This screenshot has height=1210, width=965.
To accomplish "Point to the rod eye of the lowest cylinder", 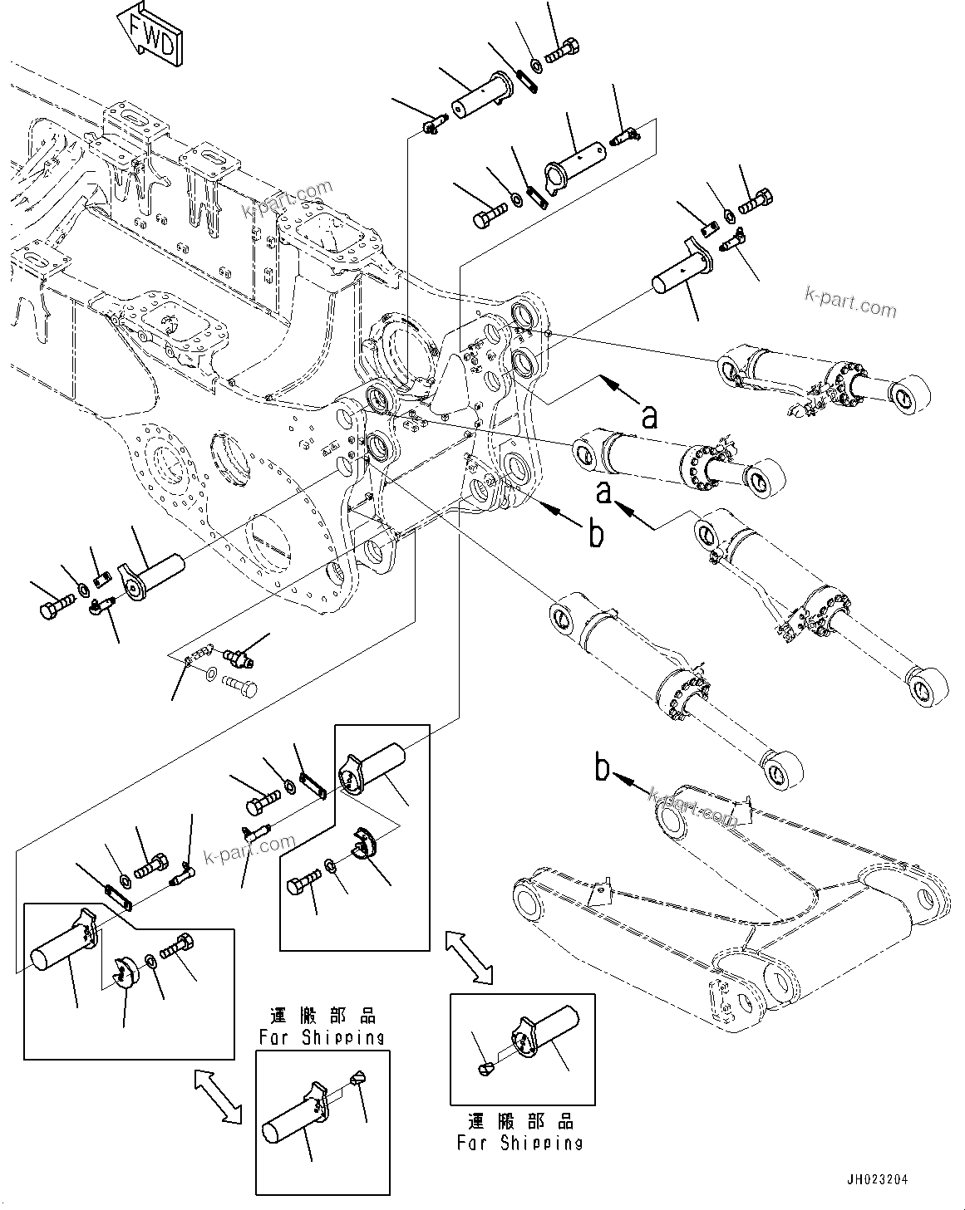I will (x=783, y=768).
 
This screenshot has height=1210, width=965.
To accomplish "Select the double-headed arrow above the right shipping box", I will (x=469, y=958).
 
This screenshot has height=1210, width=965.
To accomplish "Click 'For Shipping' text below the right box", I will (x=519, y=1143).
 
